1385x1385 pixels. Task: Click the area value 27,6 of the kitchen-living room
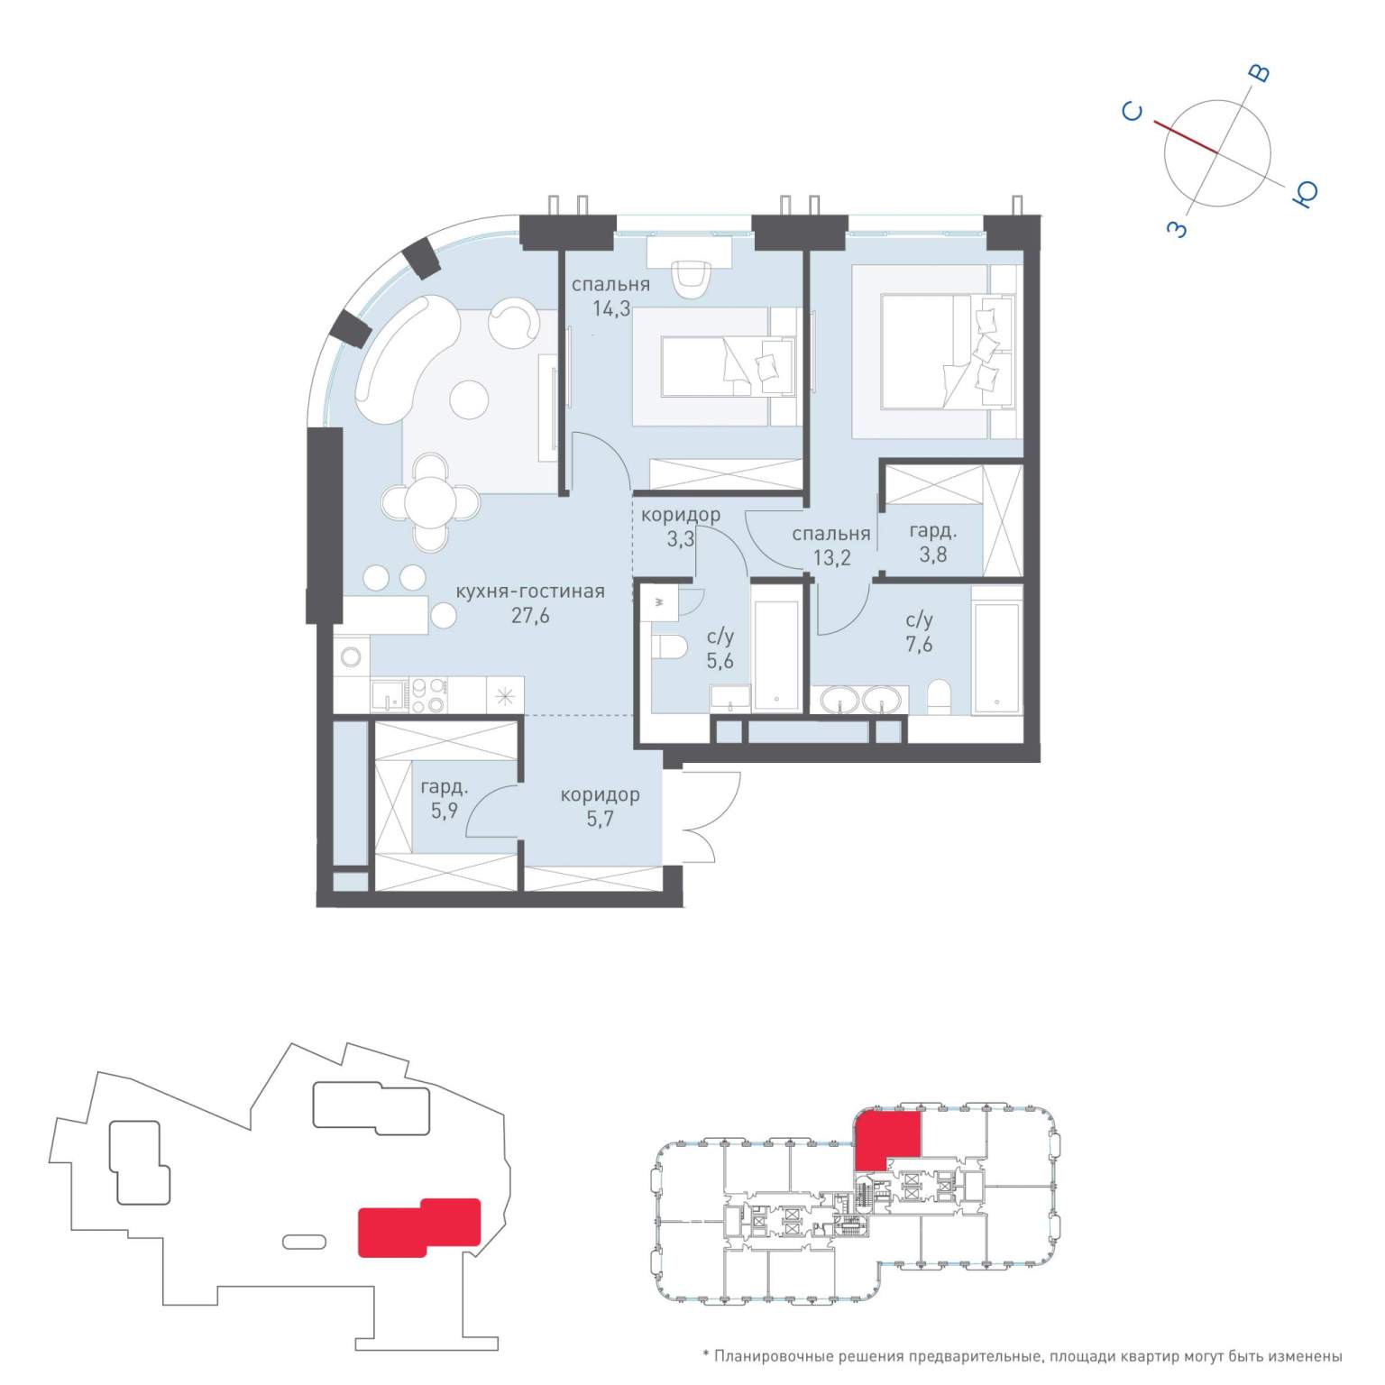click(530, 617)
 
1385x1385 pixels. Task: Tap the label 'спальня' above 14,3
click(610, 285)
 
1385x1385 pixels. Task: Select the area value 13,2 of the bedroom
click(831, 558)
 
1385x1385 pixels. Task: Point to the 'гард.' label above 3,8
click(932, 531)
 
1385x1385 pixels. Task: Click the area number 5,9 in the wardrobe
click(445, 811)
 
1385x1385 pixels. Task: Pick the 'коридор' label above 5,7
click(600, 795)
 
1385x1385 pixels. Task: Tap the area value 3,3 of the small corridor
click(680, 540)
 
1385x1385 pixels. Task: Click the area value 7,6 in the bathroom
click(919, 645)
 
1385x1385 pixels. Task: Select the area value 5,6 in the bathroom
click(720, 661)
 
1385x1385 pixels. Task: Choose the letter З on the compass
click(1178, 229)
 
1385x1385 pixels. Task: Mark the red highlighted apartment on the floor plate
click(888, 1139)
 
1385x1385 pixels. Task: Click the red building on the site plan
click(419, 1226)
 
